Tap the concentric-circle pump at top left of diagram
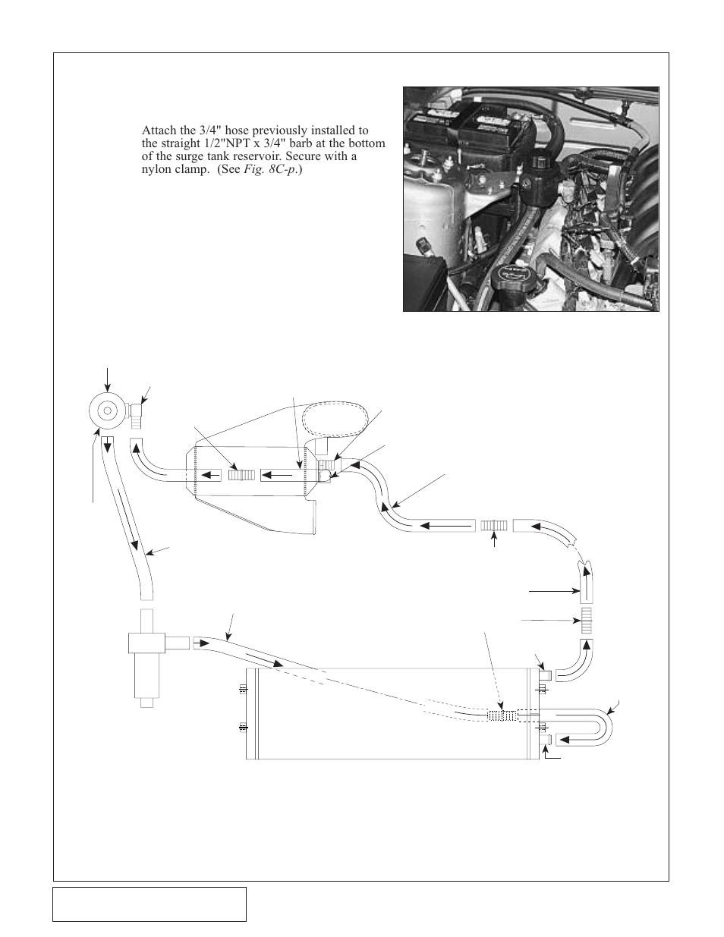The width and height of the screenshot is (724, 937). point(107,410)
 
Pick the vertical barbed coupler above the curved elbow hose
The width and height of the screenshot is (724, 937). point(585,620)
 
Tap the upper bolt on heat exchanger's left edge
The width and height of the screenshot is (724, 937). point(243,688)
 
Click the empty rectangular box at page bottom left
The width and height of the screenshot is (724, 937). point(150,904)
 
